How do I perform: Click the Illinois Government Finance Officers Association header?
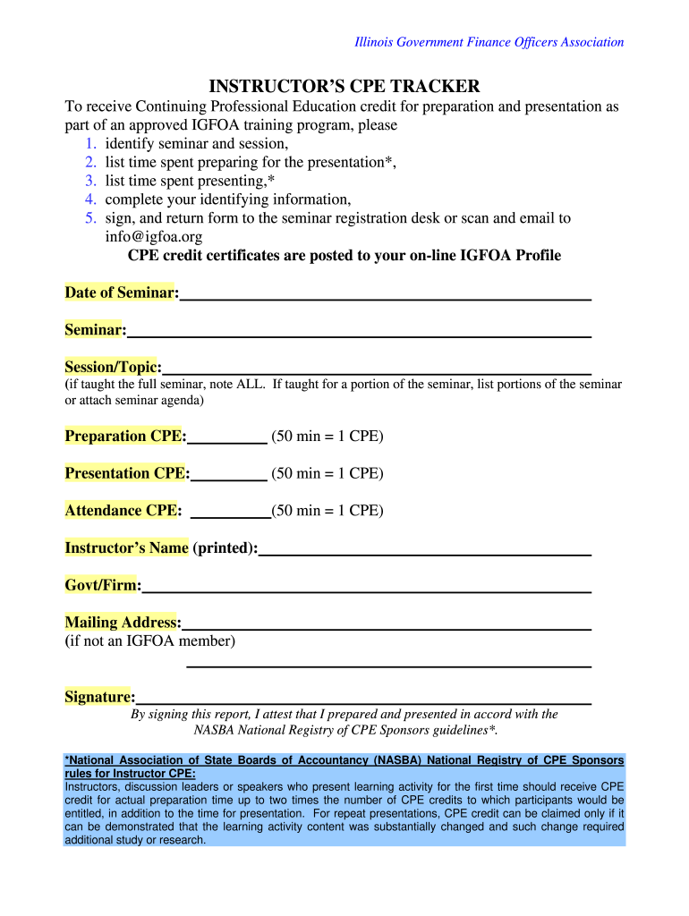(x=489, y=42)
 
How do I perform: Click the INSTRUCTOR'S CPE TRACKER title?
(x=344, y=86)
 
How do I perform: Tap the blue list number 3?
(x=90, y=181)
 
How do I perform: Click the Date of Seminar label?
(x=120, y=293)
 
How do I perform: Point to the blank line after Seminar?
(x=358, y=331)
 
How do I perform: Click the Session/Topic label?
(x=111, y=367)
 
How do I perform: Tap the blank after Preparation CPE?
(x=228, y=437)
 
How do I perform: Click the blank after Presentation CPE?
(x=228, y=474)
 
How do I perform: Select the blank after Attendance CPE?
(x=232, y=512)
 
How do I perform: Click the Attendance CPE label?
(x=122, y=511)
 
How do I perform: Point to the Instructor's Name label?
(x=126, y=547)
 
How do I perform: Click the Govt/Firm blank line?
(x=367, y=587)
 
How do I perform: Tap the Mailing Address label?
(x=121, y=623)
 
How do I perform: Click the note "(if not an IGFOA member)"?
(x=149, y=641)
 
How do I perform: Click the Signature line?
(x=362, y=699)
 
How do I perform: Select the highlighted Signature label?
(x=98, y=697)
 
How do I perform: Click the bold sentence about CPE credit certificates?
(x=344, y=256)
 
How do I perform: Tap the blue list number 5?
(x=90, y=218)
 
